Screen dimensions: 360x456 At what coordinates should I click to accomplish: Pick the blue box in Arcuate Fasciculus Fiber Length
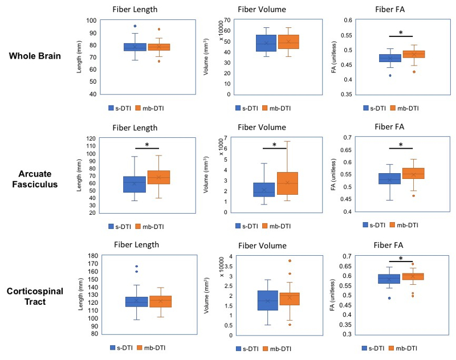(x=135, y=184)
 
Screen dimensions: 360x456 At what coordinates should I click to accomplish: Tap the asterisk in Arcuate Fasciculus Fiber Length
(x=146, y=145)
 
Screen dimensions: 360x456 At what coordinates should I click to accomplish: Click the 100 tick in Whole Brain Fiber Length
(x=92, y=21)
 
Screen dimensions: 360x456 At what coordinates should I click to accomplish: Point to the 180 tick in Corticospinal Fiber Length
(x=92, y=256)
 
